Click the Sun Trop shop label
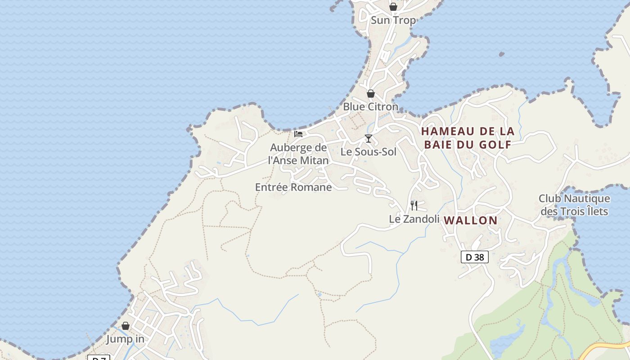pyautogui.click(x=393, y=20)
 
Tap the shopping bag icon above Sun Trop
pyautogui.click(x=393, y=7)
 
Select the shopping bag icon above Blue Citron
pyautogui.click(x=371, y=94)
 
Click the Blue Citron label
pyautogui.click(x=370, y=107)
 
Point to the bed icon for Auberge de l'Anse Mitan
pyautogui.click(x=298, y=134)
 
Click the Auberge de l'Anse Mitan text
pyautogui.click(x=298, y=154)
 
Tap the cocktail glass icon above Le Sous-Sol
pyautogui.click(x=369, y=139)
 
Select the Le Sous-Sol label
pyautogui.click(x=369, y=152)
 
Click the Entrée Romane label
pyautogui.click(x=293, y=187)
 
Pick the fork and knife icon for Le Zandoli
pyautogui.click(x=414, y=206)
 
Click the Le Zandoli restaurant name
pyautogui.click(x=414, y=219)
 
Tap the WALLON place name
pyautogui.click(x=471, y=220)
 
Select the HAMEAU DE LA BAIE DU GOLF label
pyautogui.click(x=468, y=138)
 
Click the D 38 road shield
pyautogui.click(x=475, y=257)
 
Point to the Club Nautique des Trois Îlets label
pyautogui.click(x=574, y=205)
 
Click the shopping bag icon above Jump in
pyautogui.click(x=126, y=326)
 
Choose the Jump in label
pyautogui.click(x=125, y=339)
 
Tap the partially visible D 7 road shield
pyautogui.click(x=99, y=358)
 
